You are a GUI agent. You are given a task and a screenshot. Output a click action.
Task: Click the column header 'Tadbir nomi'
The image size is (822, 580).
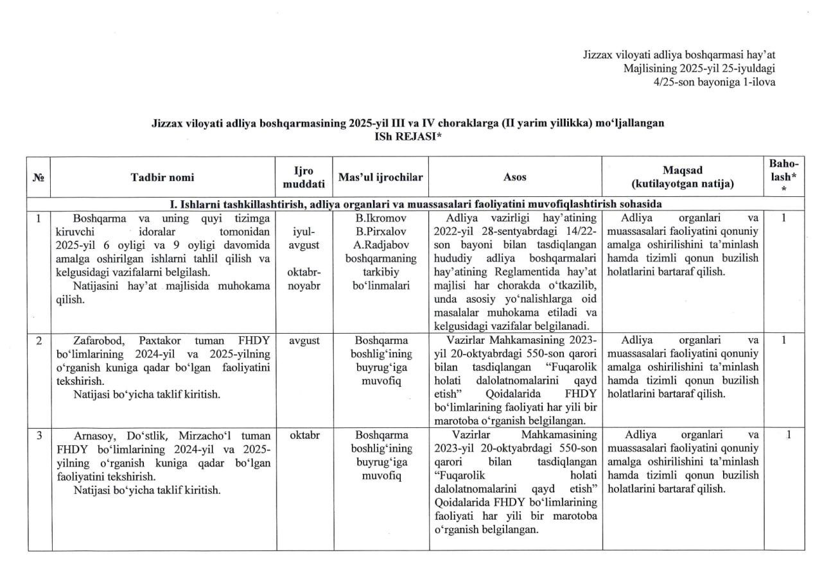pos(162,177)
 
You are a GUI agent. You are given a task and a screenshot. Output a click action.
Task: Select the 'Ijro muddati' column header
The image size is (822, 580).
pos(304,177)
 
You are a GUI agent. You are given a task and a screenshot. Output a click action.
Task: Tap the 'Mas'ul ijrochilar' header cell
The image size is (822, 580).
pos(381,177)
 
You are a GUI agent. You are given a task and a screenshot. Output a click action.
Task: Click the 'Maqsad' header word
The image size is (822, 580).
pos(683,170)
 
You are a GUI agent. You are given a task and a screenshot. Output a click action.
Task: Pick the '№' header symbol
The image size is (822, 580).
pos(39,178)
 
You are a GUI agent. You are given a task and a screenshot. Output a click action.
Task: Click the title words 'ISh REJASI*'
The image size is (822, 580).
pos(408,136)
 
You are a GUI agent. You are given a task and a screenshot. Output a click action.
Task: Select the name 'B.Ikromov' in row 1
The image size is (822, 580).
pos(381,218)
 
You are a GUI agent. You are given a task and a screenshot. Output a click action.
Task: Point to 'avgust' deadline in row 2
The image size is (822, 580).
pos(304,341)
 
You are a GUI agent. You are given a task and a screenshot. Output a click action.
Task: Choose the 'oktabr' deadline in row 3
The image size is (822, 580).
pos(304,436)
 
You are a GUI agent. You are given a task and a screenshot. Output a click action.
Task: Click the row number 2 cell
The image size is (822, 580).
pos(39,341)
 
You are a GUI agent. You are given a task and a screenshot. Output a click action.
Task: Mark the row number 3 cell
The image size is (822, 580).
pos(39,436)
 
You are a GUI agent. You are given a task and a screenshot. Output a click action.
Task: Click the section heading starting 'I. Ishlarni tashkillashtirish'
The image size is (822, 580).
pos(416,204)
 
